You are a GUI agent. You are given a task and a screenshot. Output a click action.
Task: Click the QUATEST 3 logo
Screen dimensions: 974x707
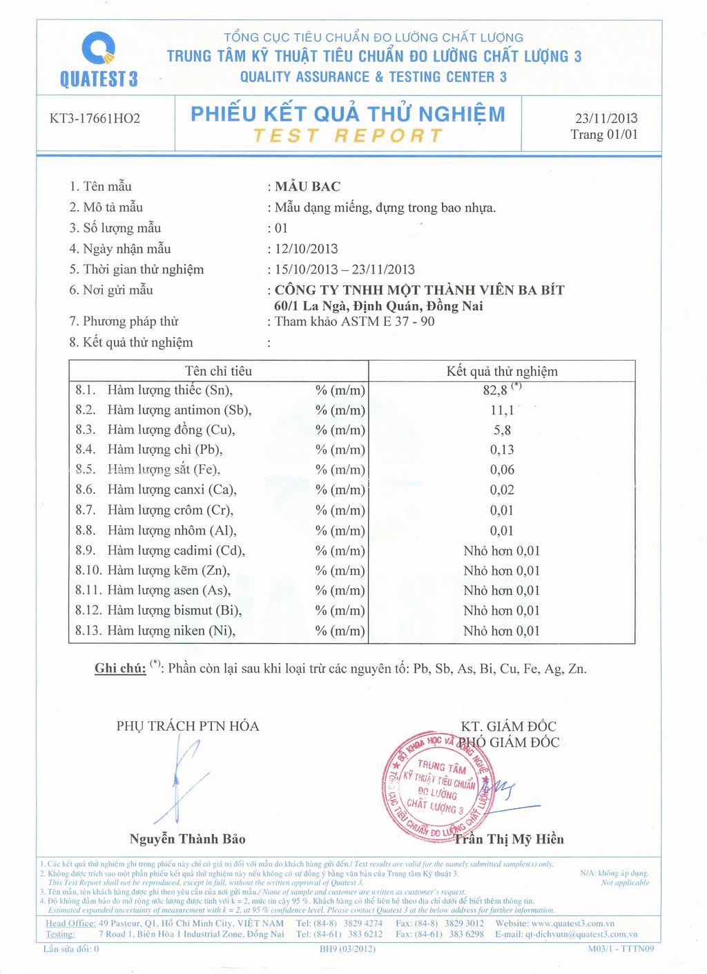[x=99, y=59]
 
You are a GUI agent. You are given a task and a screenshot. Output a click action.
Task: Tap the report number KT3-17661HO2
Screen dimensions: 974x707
[x=95, y=119]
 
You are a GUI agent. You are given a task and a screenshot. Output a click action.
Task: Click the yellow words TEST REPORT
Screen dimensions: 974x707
[x=348, y=135]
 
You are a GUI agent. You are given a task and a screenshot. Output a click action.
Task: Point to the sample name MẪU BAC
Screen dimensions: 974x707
[x=307, y=187]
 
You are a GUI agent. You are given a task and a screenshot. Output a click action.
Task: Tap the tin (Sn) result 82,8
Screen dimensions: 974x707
[x=496, y=390]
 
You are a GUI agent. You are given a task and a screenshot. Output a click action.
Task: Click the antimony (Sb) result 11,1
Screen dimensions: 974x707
[x=502, y=410]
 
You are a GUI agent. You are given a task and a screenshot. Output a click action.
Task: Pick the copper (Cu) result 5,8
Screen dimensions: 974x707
[x=502, y=430]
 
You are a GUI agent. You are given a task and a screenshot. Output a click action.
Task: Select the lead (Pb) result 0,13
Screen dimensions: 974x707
[x=502, y=450]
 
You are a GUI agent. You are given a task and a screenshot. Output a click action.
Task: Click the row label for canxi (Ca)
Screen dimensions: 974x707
[x=172, y=490]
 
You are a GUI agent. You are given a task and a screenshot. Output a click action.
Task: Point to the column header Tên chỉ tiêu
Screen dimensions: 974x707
[x=219, y=372]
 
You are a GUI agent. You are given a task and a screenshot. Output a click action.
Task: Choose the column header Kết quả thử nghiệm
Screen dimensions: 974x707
[x=502, y=372]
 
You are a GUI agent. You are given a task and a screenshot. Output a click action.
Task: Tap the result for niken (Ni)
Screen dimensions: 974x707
[x=502, y=631]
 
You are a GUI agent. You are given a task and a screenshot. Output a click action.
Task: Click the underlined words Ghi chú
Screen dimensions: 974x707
[x=120, y=668]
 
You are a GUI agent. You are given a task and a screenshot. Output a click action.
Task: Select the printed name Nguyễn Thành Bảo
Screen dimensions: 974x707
[x=187, y=839]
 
